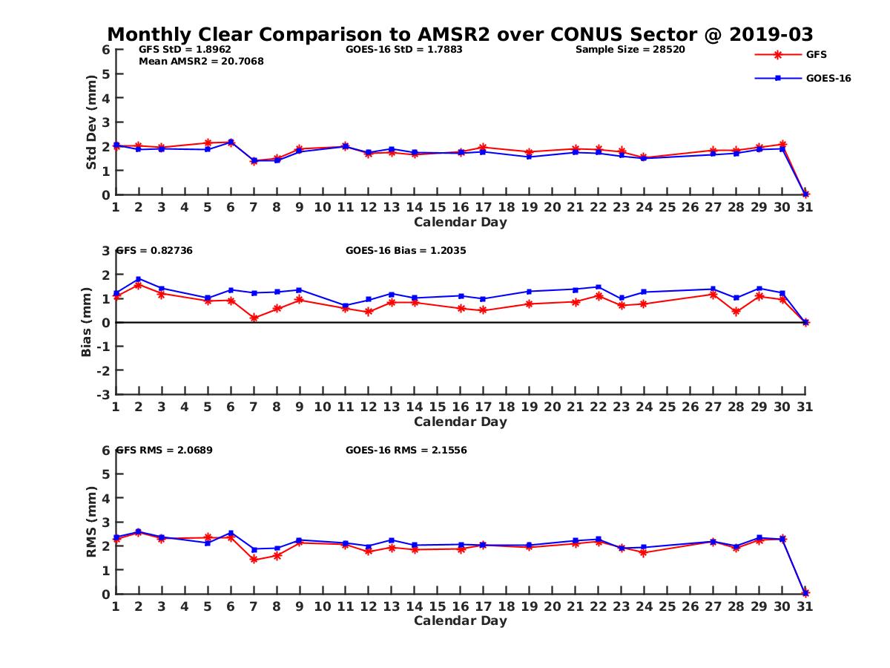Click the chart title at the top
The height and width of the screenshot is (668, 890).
point(460,34)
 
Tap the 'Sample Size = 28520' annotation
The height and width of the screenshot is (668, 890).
point(630,50)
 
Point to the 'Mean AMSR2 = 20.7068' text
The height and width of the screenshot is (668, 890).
point(201,62)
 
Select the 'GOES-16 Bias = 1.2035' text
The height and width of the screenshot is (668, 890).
point(406,250)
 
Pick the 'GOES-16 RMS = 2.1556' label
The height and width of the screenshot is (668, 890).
point(406,450)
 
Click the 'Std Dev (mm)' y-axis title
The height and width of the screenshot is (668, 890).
point(91,122)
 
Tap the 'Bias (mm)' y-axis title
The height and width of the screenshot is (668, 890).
point(87,322)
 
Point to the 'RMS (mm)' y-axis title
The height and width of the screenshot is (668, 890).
point(91,522)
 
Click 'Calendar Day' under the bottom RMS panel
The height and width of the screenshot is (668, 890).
point(460,620)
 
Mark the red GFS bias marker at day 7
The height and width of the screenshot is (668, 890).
point(254,318)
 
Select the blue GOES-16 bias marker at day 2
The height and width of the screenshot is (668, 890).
point(139,279)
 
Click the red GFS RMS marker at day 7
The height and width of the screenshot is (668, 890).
point(254,560)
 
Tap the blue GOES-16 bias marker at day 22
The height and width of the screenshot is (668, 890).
point(599,286)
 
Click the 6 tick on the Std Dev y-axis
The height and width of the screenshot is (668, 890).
point(106,50)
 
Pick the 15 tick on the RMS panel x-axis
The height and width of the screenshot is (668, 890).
point(438,606)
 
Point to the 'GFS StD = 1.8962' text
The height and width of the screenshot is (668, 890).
point(174,50)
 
